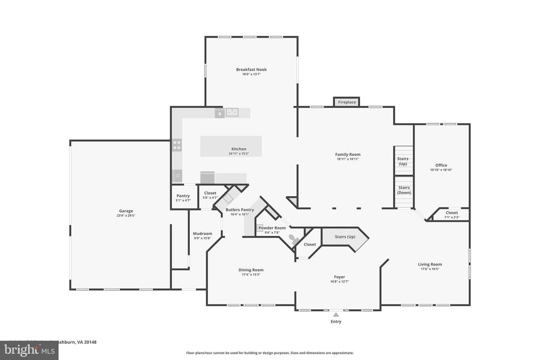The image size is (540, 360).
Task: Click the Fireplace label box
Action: (347, 102)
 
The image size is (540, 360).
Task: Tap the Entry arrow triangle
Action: (336, 315)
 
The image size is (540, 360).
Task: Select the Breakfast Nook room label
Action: (251, 69)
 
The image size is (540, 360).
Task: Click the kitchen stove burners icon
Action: (177, 145)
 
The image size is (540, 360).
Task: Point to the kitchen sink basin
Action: (232, 112)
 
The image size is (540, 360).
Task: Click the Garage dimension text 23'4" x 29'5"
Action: (126, 215)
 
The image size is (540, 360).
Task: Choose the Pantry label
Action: (183, 196)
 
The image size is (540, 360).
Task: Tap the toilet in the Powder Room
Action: (294, 239)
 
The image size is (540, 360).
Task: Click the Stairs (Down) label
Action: (404, 190)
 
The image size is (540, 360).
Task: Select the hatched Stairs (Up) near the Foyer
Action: (345, 236)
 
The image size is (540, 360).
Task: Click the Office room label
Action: (441, 165)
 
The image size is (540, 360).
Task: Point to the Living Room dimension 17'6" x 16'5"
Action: (430, 269)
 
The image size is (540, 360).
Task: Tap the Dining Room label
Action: (251, 270)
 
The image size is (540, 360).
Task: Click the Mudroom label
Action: (202, 233)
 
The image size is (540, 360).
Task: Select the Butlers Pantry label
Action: (240, 210)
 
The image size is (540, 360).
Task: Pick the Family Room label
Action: (348, 154)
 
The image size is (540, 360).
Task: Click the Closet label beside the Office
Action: (452, 213)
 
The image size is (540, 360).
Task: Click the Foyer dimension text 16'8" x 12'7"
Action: (339, 282)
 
